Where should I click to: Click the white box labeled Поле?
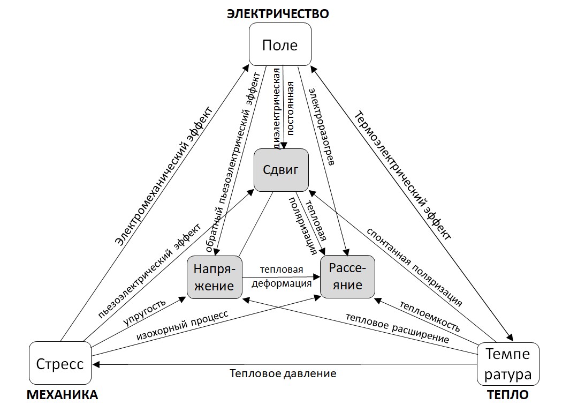280,44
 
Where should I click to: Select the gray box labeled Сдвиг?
280,170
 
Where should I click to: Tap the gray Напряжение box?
214,277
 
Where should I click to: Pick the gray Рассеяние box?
347,276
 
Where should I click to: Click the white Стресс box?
60,364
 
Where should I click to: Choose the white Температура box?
507,364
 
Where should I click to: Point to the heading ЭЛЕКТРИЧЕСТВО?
278,14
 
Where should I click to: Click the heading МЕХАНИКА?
62,395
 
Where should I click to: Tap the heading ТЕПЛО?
508,395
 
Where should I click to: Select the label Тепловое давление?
283,373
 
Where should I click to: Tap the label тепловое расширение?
397,328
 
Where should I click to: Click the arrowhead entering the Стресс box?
95,364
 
